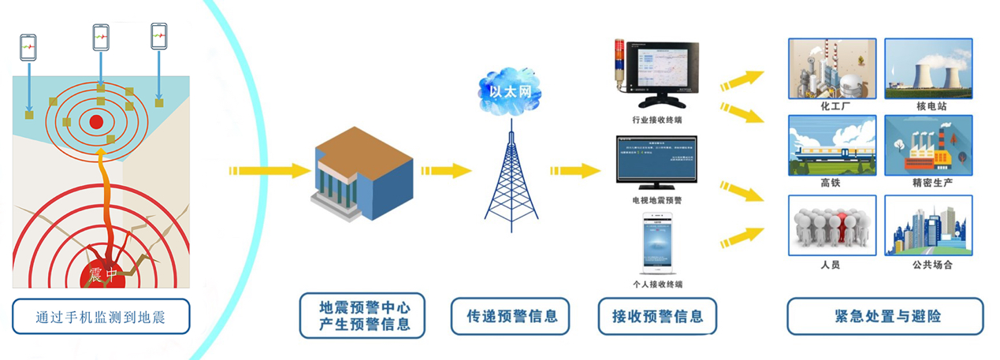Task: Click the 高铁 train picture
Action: coord(832,145)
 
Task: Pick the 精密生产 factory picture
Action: coord(928,145)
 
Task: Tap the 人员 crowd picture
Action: coord(832,225)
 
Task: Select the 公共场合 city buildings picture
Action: coord(928,225)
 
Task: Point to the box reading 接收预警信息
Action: coord(657,317)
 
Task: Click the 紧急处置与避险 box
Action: coord(886,317)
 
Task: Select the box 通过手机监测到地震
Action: coord(101,317)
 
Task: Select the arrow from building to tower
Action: coord(445,170)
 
